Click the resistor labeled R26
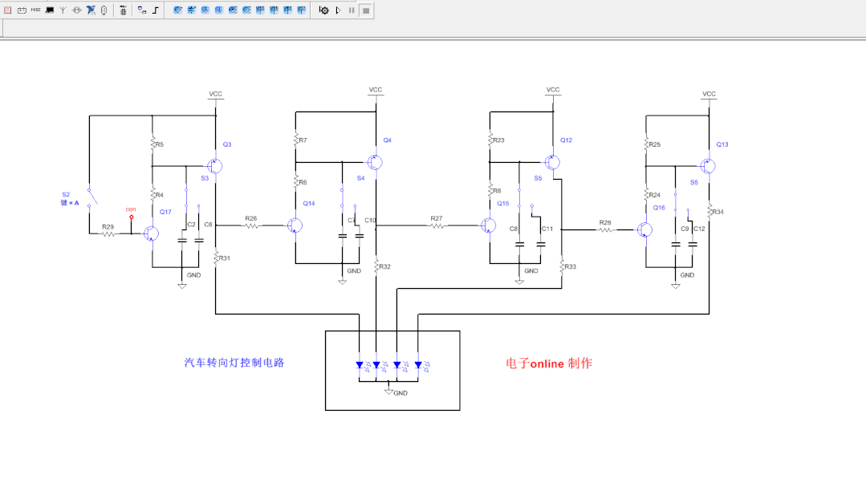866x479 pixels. pos(252,226)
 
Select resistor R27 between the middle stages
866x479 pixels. pos(437,226)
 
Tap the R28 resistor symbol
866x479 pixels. pos(605,230)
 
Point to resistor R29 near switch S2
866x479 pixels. pos(108,234)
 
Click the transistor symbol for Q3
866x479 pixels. pos(216,166)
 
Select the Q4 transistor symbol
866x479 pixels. pos(375,162)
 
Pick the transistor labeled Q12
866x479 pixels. pos(552,162)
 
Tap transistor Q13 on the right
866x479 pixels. pos(708,166)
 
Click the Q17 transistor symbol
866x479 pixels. pos(151,233)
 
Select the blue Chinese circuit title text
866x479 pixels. pos(234,363)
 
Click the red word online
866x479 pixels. pos(546,363)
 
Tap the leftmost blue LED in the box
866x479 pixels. pos(360,365)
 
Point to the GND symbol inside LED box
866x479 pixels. pos(389,392)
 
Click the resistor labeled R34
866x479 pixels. pos(709,212)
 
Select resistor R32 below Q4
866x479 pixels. pos(376,266)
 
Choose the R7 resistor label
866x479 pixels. pos(303,140)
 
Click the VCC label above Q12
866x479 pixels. pos(553,90)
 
